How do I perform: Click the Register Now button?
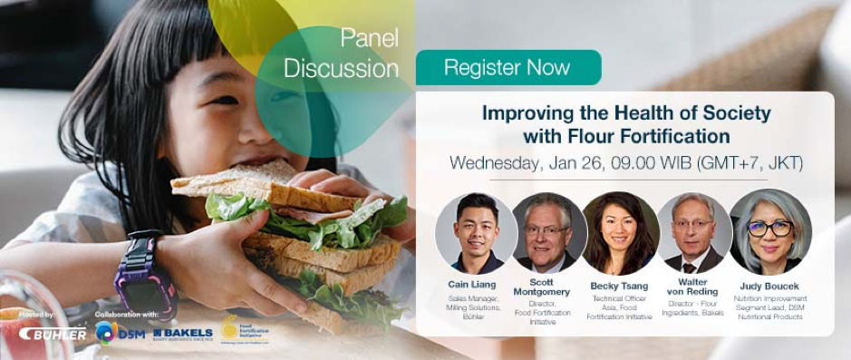click(508, 68)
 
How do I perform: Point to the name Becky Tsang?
click(621, 284)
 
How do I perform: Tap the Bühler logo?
click(54, 334)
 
